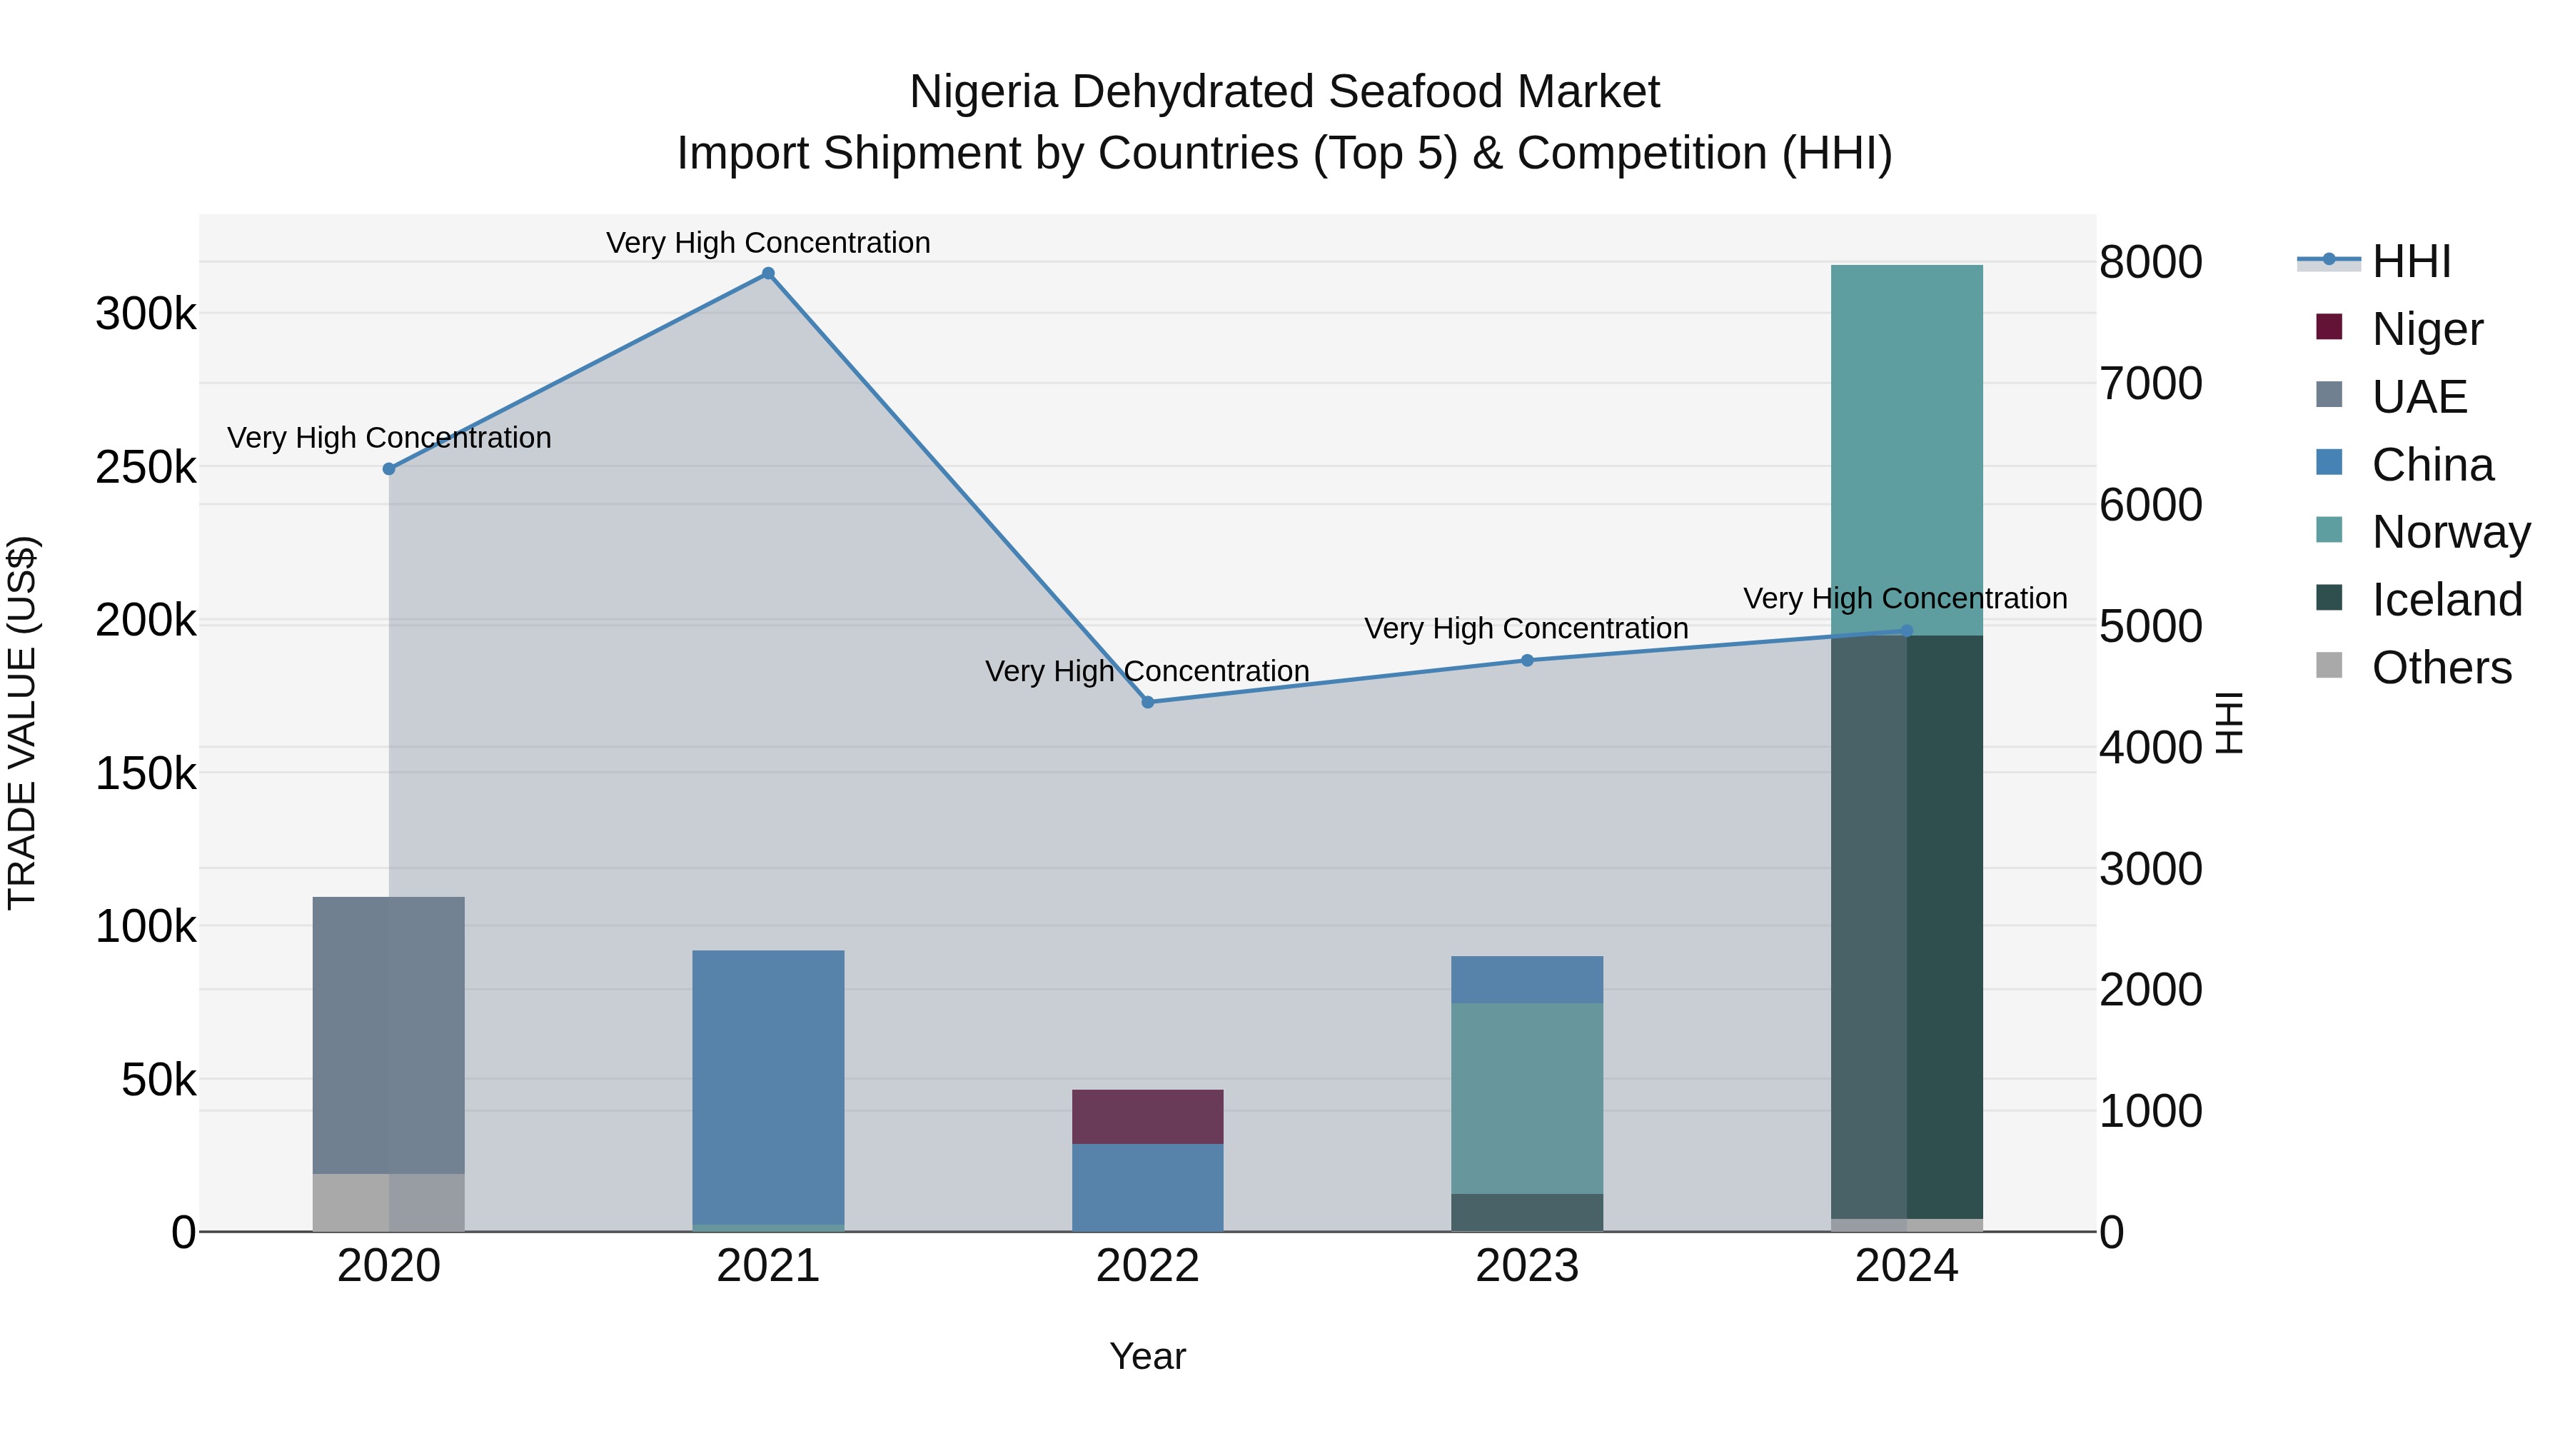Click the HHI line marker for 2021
point(768,273)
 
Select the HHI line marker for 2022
point(1147,703)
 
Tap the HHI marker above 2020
point(389,469)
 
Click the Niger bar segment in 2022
point(1147,1117)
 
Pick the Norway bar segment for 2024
point(1907,449)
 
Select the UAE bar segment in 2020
point(389,1035)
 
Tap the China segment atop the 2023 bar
point(1526,980)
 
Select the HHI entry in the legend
point(2409,261)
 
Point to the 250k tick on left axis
point(146,467)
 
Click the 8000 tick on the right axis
point(2150,263)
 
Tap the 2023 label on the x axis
point(1526,1266)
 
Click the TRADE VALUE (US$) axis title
point(22,723)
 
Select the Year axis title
point(1147,1356)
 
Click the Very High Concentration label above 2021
point(768,243)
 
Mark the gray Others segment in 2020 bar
point(389,1202)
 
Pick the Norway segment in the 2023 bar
point(1526,1098)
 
